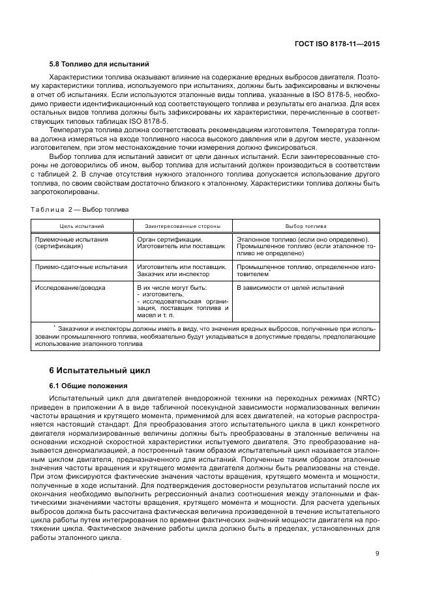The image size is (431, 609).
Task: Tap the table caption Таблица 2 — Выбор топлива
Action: tap(80, 210)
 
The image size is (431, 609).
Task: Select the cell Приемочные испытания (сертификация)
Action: tap(71, 244)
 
